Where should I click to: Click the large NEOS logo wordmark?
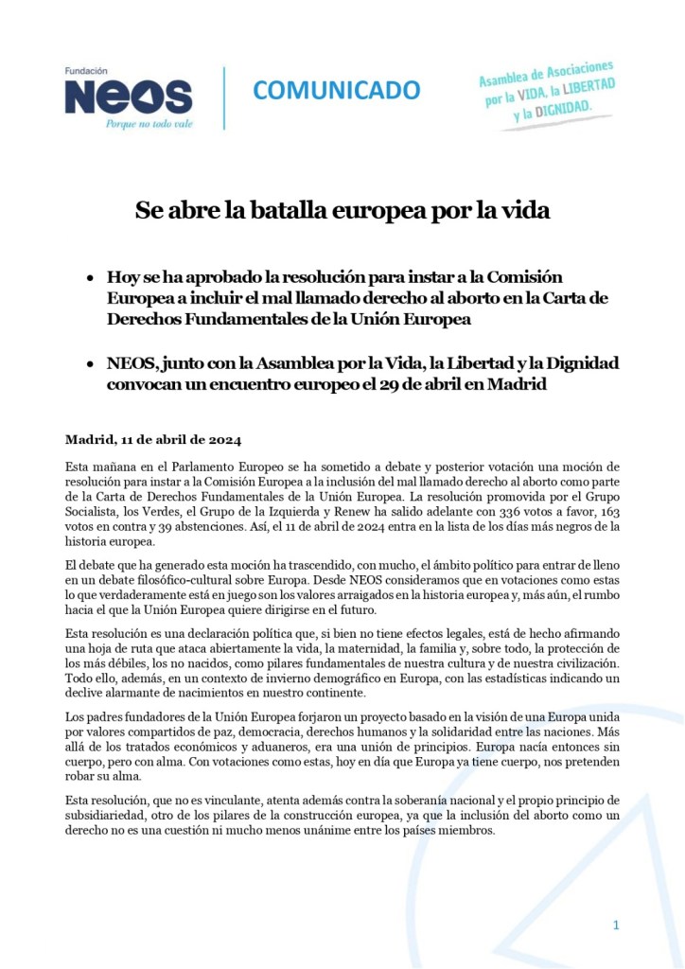(127, 97)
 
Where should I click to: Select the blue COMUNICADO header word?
(336, 90)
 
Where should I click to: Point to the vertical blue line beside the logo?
(223, 97)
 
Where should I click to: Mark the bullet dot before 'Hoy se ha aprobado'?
(89, 279)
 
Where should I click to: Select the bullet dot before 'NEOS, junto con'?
(89, 365)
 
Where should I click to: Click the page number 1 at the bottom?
(616, 925)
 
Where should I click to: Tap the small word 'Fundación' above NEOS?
(87, 71)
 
